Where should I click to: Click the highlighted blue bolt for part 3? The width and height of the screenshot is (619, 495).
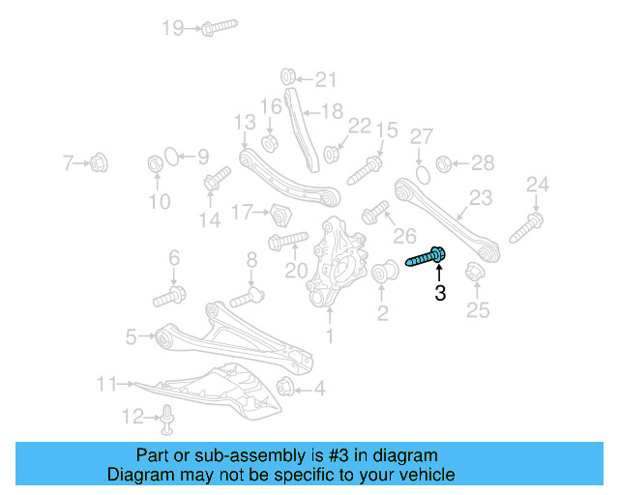[426, 258]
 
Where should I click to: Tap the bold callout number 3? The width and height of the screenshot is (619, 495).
[440, 293]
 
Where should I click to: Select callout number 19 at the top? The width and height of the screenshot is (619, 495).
[172, 28]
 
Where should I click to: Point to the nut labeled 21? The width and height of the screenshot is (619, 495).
[287, 76]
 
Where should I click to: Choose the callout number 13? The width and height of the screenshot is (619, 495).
[244, 123]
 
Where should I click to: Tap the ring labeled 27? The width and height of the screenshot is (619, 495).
[422, 174]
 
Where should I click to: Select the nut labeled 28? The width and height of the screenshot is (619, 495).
[445, 163]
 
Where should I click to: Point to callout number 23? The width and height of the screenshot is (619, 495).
[481, 200]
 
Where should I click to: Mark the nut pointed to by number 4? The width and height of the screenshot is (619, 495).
[286, 389]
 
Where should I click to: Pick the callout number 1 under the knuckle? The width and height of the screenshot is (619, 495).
[329, 336]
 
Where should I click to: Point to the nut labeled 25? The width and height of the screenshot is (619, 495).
[473, 274]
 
